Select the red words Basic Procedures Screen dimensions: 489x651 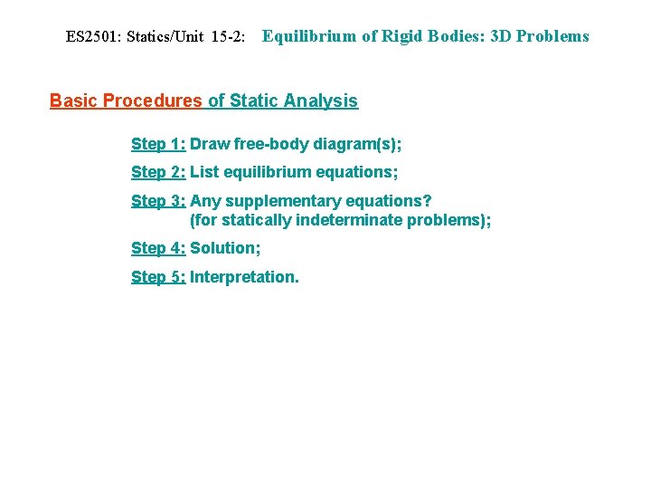coord(126,101)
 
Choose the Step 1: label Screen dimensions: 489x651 coord(158,144)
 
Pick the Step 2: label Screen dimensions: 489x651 coord(158,172)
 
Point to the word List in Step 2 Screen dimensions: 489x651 coord(204,172)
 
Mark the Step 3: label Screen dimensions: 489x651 coord(158,201)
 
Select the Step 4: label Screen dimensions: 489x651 coord(158,248)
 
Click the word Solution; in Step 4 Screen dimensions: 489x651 coord(225,248)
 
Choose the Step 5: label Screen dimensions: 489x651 coord(158,277)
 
